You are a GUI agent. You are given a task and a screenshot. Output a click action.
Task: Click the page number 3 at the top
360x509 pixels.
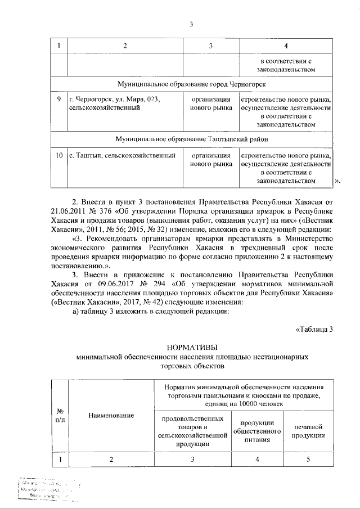click(191, 24)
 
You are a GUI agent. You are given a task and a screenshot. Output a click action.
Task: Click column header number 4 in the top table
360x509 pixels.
click(286, 45)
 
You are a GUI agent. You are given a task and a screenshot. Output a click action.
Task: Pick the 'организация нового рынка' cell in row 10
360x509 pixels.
click(211, 159)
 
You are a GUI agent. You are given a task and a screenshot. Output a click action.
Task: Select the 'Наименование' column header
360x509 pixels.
click(111, 415)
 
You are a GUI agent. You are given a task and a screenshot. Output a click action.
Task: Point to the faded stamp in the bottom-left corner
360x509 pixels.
click(48, 490)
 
